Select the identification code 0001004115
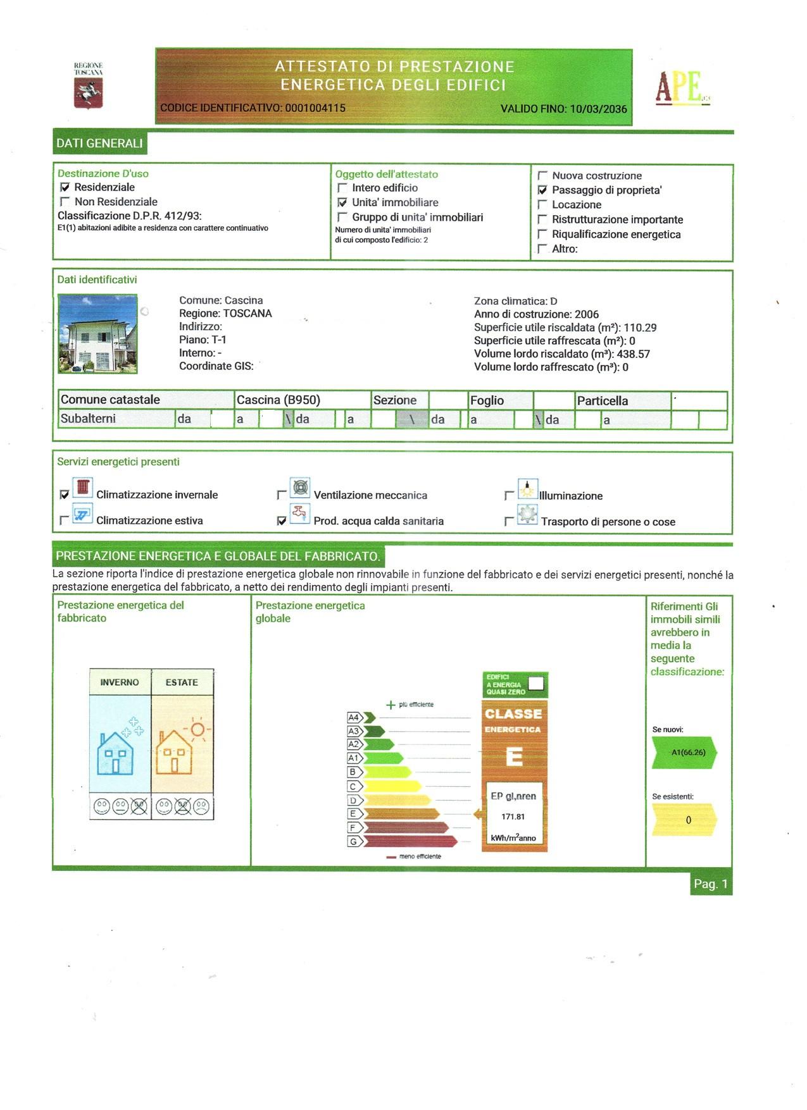pos(315,108)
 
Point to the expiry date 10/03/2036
pos(598,109)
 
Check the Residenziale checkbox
pos(65,187)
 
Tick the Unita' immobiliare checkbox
pos(342,202)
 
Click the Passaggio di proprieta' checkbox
pos(542,190)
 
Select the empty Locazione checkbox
pos(542,205)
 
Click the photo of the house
pos(97,333)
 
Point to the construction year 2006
pos(587,314)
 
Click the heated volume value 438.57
pos(634,354)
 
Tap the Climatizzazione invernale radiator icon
pos(83,488)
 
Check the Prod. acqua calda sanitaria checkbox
pos(282,521)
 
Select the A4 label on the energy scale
pos(354,717)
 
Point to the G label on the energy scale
pos(353,841)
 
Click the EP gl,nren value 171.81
pos(513,817)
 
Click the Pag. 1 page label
pos(711,884)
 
